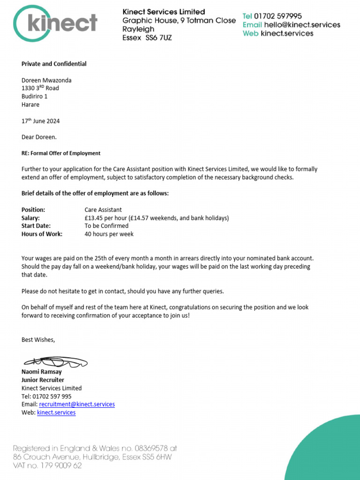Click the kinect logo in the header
pyautogui.click(x=55, y=22)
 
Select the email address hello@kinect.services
pyautogui.click(x=302, y=25)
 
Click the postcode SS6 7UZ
pyautogui.click(x=157, y=37)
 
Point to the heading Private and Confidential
pyautogui.click(x=54, y=64)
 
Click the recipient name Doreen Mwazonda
pyautogui.click(x=46, y=80)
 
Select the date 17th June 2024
pyautogui.click(x=41, y=121)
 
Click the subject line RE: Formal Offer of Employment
pyautogui.click(x=61, y=153)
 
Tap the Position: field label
pyautogui.click(x=33, y=210)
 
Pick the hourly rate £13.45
pyautogui.click(x=94, y=218)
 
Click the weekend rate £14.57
pyautogui.click(x=145, y=218)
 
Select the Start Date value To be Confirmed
pyautogui.click(x=106, y=226)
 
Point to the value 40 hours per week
pyautogui.click(x=109, y=234)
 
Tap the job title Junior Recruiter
pyautogui.click(x=43, y=380)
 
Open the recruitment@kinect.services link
pyautogui.click(x=77, y=404)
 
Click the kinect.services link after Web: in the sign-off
pyautogui.click(x=56, y=412)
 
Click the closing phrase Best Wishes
pyautogui.click(x=38, y=339)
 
